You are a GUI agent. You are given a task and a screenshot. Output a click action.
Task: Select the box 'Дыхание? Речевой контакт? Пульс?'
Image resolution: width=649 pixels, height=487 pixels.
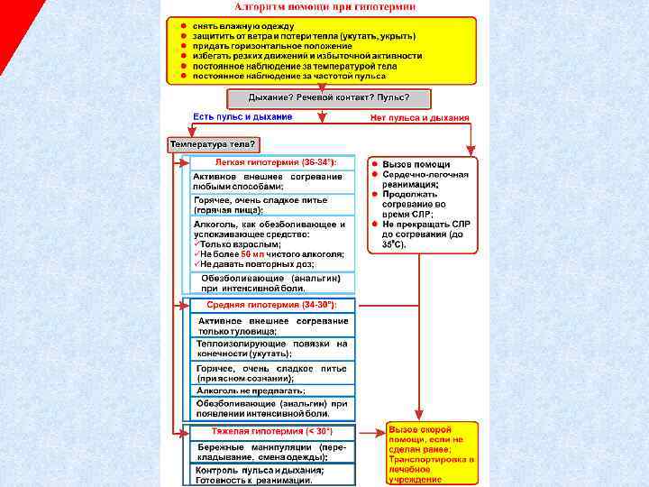(x=328, y=97)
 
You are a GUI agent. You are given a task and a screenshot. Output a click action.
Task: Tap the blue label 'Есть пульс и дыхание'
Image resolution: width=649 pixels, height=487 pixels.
(x=242, y=116)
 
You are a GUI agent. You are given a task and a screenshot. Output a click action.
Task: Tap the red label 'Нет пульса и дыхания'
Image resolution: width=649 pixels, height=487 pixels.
(x=420, y=117)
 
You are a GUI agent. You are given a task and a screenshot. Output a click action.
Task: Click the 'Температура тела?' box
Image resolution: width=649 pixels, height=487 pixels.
(x=214, y=143)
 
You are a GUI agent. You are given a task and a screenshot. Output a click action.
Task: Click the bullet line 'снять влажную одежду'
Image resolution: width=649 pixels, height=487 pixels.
(x=236, y=27)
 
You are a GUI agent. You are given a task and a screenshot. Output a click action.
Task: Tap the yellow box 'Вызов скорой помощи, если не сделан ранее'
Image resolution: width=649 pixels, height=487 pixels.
(x=431, y=454)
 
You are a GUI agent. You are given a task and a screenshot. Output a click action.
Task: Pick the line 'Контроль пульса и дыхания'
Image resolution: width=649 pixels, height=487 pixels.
(x=261, y=470)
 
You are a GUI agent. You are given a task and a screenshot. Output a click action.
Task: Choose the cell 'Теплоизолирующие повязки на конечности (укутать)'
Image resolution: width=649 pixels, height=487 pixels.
(x=271, y=349)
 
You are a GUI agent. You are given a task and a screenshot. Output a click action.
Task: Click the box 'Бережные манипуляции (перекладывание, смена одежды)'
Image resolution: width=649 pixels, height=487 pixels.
(x=271, y=452)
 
